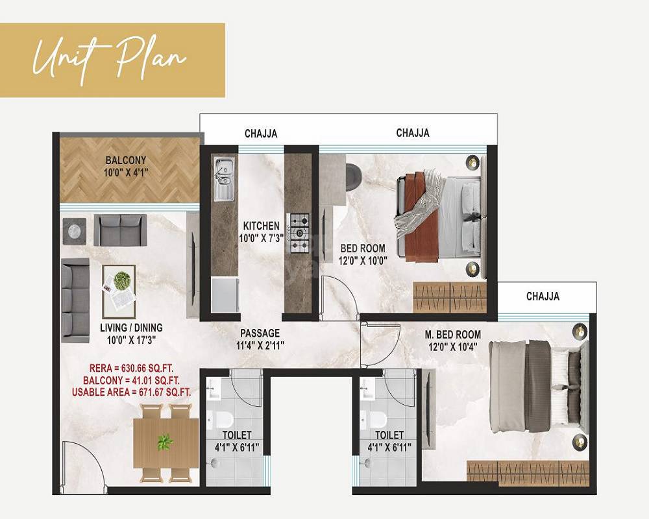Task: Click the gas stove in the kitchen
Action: [299, 232]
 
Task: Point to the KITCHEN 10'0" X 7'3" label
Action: [261, 232]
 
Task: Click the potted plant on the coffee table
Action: [121, 281]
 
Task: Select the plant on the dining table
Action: [165, 442]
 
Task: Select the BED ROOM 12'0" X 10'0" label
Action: [363, 254]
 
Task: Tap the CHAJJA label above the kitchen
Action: [261, 134]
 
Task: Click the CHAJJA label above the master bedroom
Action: [543, 296]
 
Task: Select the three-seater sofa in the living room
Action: [75, 300]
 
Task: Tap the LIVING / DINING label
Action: [131, 333]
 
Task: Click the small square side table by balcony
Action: [74, 230]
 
